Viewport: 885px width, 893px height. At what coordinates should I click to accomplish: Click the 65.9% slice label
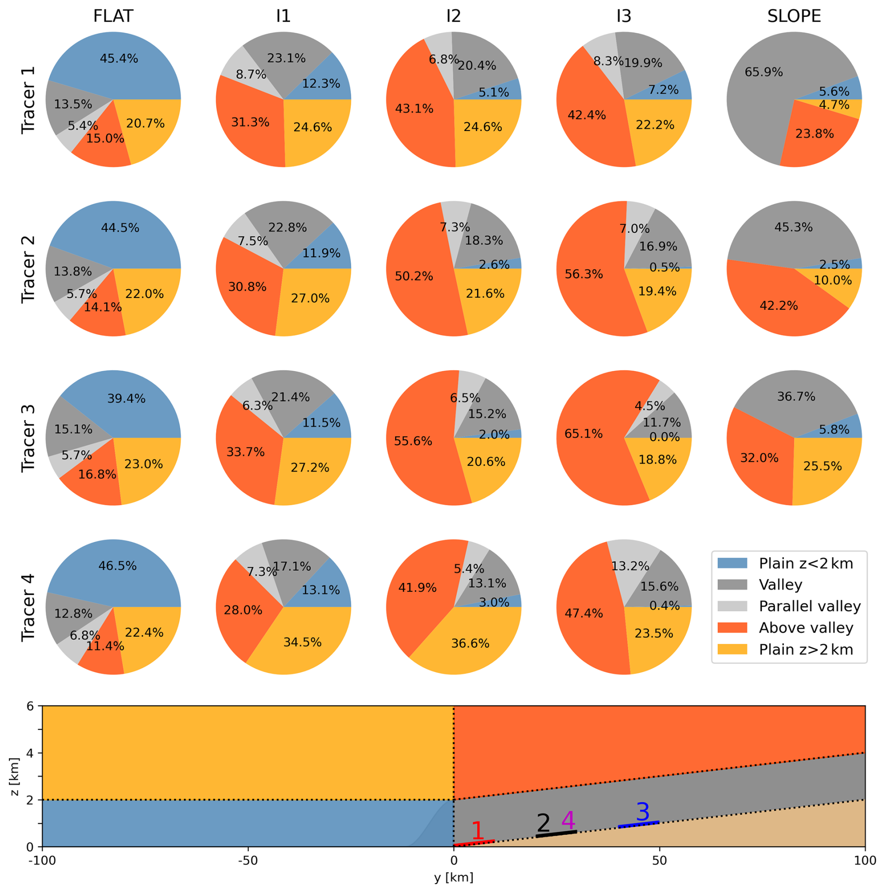tap(763, 72)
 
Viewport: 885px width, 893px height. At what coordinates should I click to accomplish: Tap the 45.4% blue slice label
tap(119, 58)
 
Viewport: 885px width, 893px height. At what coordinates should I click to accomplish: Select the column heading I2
tap(453, 16)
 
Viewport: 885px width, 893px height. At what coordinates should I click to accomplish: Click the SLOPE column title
tap(794, 16)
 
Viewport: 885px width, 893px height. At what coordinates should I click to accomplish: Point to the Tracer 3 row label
tap(29, 438)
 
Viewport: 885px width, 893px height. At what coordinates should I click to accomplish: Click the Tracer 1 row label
tap(29, 100)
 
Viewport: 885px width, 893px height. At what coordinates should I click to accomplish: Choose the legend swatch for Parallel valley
tap(732, 606)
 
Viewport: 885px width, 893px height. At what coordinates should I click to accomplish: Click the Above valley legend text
tap(806, 628)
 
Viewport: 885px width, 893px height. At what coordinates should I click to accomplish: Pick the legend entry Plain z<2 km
tap(805, 563)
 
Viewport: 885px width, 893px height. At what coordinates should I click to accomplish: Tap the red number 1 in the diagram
tap(478, 830)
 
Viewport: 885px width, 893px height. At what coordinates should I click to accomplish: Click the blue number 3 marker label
tap(643, 812)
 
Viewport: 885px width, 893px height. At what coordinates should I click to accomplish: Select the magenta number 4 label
tap(568, 820)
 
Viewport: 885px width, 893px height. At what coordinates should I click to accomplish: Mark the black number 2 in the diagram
tap(543, 823)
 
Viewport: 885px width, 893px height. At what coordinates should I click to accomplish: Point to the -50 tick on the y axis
tap(248, 861)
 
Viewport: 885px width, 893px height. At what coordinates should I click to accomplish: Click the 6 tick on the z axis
tap(30, 706)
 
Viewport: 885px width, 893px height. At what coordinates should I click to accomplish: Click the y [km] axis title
tap(453, 878)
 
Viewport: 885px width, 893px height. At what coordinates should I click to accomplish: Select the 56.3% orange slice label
tap(584, 274)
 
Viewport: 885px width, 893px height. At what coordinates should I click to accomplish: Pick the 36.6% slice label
tap(470, 643)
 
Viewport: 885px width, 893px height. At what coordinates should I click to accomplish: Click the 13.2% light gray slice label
tap(630, 566)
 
